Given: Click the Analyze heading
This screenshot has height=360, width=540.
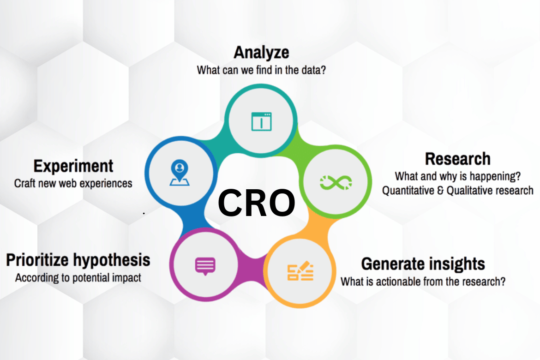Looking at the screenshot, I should pyautogui.click(x=261, y=52).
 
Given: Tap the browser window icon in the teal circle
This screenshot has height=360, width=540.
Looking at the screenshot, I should pyautogui.click(x=261, y=121).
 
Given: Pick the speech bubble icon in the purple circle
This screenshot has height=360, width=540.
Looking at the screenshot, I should pyautogui.click(x=205, y=266).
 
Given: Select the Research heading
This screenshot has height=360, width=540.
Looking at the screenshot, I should pyautogui.click(x=457, y=159).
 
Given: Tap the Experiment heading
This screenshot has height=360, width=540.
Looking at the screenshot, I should pyautogui.click(x=73, y=166).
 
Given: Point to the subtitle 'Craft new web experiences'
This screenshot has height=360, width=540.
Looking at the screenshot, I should pyautogui.click(x=73, y=183).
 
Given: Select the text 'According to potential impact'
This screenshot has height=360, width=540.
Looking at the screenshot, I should pyautogui.click(x=78, y=278).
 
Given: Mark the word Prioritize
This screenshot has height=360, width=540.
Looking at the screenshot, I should pyautogui.click(x=38, y=260).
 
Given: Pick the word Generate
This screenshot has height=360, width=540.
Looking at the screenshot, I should pyautogui.click(x=390, y=264).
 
